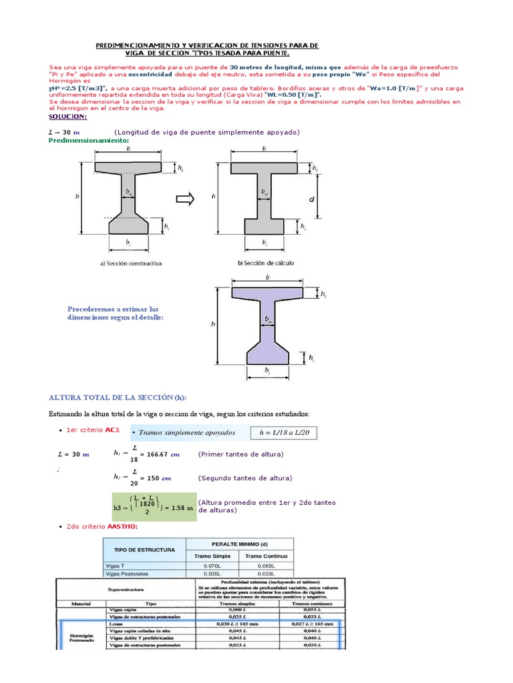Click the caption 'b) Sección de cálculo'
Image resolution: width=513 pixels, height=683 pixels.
(x=265, y=263)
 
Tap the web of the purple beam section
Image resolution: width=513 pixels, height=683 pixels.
(x=267, y=320)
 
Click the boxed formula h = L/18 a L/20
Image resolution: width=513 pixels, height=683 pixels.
(x=284, y=433)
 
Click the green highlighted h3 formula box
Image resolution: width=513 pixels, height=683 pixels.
(x=153, y=507)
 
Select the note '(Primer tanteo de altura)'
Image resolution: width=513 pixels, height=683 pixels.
(x=240, y=454)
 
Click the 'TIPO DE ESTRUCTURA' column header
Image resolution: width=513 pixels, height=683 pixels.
(x=144, y=550)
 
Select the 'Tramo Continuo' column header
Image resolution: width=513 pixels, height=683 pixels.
(x=265, y=556)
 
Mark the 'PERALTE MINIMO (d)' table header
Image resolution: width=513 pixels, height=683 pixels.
(x=238, y=544)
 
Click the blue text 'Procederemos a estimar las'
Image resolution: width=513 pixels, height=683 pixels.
(x=113, y=309)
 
